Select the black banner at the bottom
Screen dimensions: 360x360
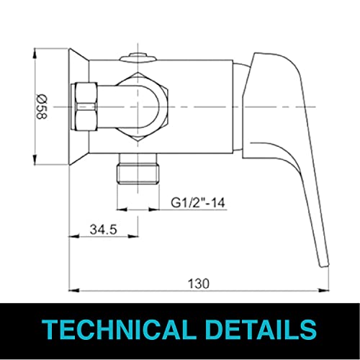point(180,330)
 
